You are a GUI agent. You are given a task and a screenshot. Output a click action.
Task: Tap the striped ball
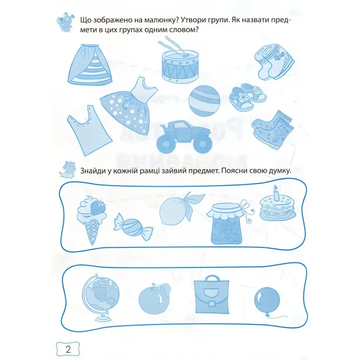point(204,101)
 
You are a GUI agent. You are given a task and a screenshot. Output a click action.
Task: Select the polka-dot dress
point(129,105)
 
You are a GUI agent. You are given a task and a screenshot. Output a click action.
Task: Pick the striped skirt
point(90,64)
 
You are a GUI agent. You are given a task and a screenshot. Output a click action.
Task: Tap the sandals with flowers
point(248,97)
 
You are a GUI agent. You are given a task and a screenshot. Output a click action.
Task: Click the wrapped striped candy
point(133,227)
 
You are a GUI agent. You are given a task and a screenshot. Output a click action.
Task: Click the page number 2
point(68,349)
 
